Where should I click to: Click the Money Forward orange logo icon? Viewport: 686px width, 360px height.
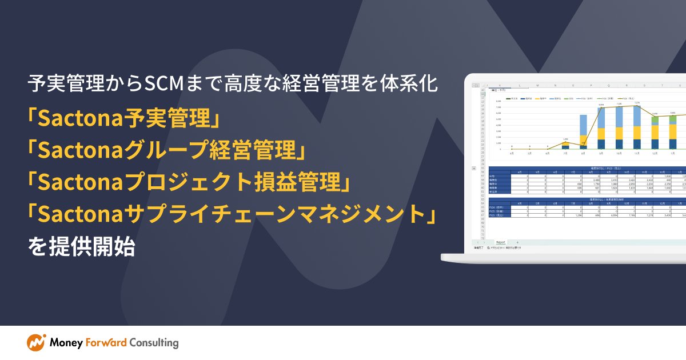(x=36, y=342)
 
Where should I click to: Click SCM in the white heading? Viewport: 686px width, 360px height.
(x=164, y=85)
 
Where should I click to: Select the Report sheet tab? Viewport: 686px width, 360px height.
(x=500, y=242)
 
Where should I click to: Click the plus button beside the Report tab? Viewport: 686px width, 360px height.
(x=517, y=242)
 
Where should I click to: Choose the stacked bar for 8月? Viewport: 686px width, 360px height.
(x=583, y=132)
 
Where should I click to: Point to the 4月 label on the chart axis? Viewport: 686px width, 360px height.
(x=512, y=154)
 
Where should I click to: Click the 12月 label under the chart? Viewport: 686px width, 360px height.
(x=655, y=154)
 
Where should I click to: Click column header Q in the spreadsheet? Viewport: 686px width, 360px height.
(x=610, y=86)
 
